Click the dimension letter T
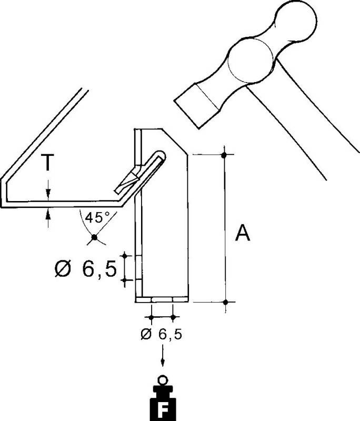47,164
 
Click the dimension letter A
243,233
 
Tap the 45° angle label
96,217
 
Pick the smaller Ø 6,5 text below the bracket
162,334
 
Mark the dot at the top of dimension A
225,155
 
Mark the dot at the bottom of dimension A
225,302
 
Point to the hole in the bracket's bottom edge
162,299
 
